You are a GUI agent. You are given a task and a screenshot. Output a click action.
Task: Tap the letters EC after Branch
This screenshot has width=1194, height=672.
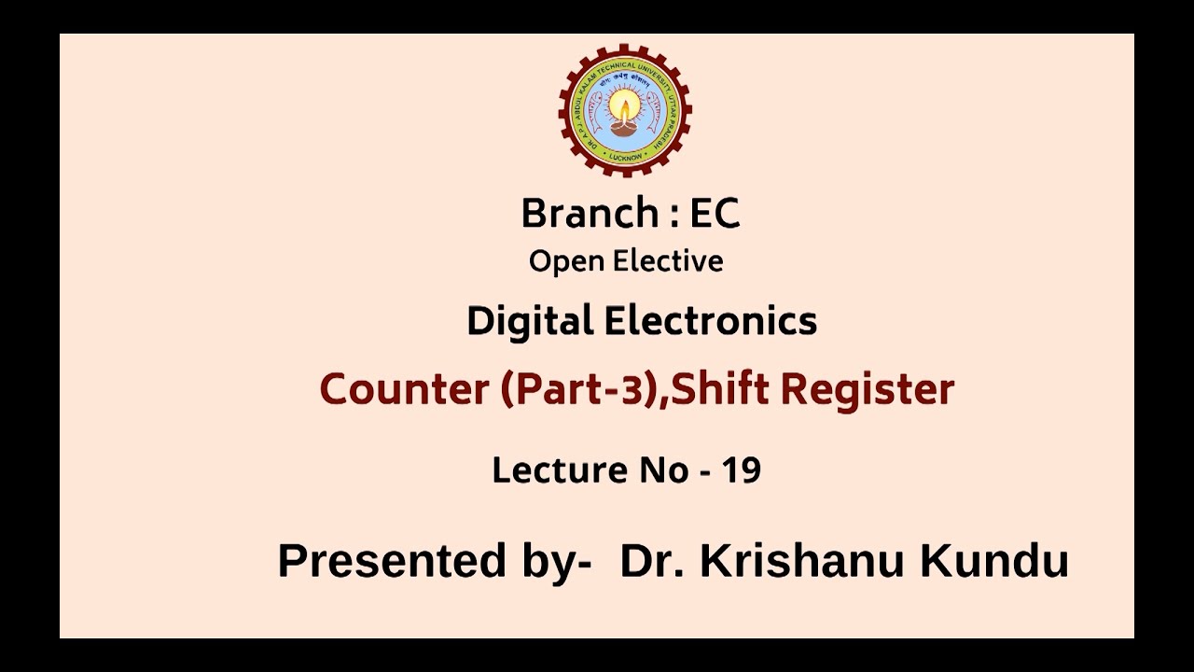click(x=715, y=214)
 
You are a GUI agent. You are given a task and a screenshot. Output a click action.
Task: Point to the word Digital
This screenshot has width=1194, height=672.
click(x=530, y=322)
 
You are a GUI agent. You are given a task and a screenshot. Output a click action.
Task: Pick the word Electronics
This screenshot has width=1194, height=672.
click(x=711, y=322)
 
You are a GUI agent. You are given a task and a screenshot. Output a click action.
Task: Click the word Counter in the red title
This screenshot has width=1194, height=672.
click(x=404, y=389)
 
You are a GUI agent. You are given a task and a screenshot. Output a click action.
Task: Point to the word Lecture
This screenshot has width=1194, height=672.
click(x=559, y=470)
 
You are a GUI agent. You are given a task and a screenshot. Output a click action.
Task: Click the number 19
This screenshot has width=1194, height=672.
click(x=741, y=470)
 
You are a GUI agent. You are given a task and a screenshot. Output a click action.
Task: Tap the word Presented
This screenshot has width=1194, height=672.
click(x=391, y=562)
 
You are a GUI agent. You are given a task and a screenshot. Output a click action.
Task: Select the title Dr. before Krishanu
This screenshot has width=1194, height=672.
click(x=649, y=562)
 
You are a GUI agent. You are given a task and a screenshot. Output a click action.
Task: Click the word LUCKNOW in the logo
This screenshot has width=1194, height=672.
click(x=624, y=157)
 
